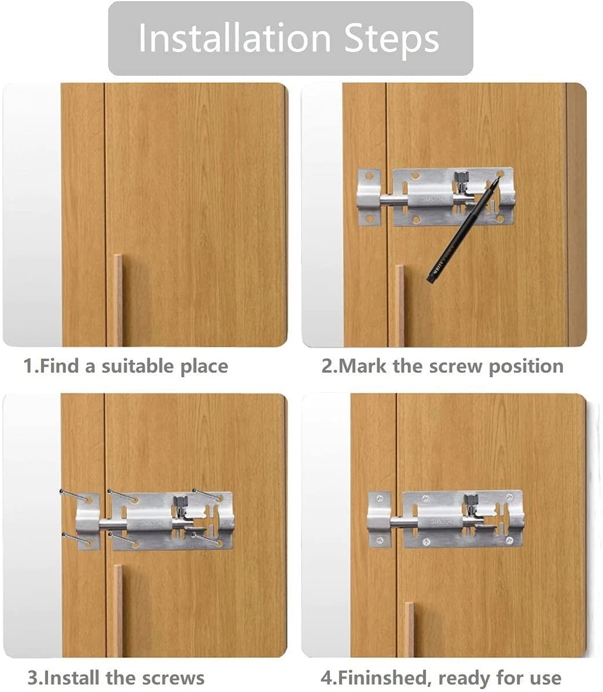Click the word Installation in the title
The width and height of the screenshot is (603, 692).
pyautogui.click(x=235, y=38)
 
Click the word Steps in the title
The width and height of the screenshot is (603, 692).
pyautogui.click(x=392, y=39)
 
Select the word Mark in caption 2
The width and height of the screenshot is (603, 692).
pyautogui.click(x=363, y=366)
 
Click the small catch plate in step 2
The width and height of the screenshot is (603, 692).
pyautogui.click(x=369, y=197)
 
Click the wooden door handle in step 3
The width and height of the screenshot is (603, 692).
pyautogui.click(x=117, y=610)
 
